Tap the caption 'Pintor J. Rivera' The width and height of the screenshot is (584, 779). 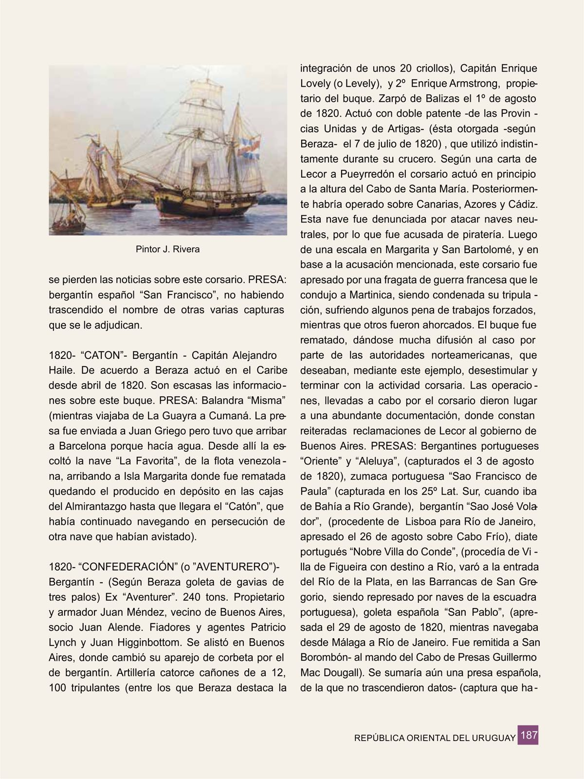coord(167,249)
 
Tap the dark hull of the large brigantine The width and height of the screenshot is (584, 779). coord(204,205)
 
